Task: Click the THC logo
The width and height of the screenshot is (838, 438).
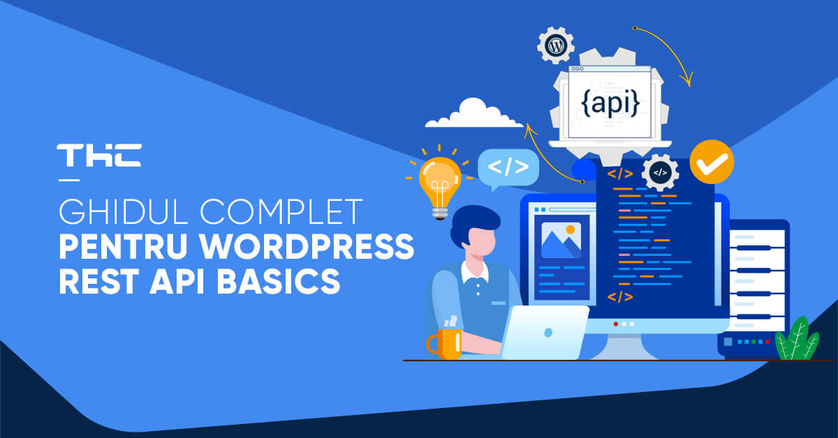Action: click(x=99, y=155)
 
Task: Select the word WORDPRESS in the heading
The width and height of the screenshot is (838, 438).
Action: click(x=307, y=247)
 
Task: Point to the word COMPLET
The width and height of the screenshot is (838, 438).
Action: click(x=281, y=211)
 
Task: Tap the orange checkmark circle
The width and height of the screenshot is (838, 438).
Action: click(x=712, y=162)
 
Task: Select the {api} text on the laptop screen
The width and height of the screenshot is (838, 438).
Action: click(x=610, y=103)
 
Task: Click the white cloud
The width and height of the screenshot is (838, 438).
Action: click(x=474, y=113)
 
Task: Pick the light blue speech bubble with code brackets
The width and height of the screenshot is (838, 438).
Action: click(x=508, y=169)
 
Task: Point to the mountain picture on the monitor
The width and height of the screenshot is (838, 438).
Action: click(x=561, y=240)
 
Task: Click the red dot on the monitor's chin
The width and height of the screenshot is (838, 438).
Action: click(x=616, y=324)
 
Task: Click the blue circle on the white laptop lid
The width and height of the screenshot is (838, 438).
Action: click(x=548, y=333)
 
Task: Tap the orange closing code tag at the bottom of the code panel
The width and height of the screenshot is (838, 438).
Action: click(x=620, y=296)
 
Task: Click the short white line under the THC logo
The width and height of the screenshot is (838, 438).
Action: click(x=69, y=180)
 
